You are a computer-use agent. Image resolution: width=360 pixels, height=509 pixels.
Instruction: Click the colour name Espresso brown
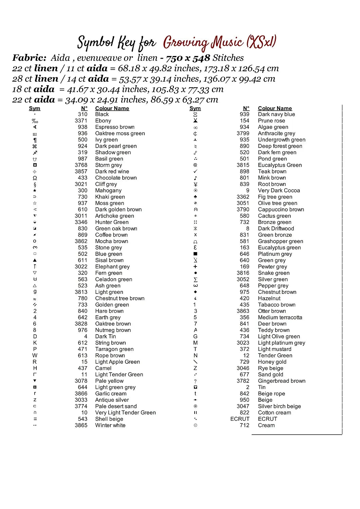[x=115, y=127]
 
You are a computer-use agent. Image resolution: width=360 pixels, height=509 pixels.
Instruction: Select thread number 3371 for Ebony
[x=81, y=121]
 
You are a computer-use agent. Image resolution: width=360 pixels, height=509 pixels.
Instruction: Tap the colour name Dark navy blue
[x=276, y=114]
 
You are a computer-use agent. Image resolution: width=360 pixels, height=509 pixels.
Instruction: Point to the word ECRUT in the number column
[x=240, y=419]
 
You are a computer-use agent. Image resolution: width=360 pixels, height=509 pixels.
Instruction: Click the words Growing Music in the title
[x=203, y=43]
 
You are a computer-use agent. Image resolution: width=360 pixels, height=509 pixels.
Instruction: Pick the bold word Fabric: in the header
[x=30, y=58]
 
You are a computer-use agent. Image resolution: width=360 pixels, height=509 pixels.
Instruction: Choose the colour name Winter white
[x=110, y=426]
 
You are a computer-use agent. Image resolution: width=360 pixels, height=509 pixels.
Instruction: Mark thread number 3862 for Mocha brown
[x=81, y=241]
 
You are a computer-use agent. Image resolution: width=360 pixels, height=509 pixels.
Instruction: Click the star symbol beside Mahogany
[x=35, y=191]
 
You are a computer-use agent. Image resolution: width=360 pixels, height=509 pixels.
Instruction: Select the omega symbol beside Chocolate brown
[x=35, y=178]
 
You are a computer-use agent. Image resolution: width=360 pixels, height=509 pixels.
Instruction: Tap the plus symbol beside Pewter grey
[x=195, y=267]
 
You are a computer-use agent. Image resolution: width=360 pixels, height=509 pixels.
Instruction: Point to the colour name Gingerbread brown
[x=282, y=381]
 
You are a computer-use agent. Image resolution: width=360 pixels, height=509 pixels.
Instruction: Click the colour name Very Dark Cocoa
[x=279, y=191]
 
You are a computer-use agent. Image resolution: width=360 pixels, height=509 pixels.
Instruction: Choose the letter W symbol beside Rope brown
[x=35, y=356]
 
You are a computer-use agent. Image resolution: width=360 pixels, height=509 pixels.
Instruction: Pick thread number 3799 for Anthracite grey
[x=243, y=133]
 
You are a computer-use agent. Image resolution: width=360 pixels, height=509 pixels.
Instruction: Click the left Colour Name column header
[x=112, y=109]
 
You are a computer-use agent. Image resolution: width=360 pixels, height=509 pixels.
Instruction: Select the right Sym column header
[x=195, y=109]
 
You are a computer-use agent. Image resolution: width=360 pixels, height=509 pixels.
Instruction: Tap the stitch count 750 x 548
[x=188, y=58]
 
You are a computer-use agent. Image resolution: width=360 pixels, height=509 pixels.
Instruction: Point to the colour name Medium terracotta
[x=280, y=318]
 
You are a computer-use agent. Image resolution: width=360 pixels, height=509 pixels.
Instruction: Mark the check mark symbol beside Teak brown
[x=195, y=171]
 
